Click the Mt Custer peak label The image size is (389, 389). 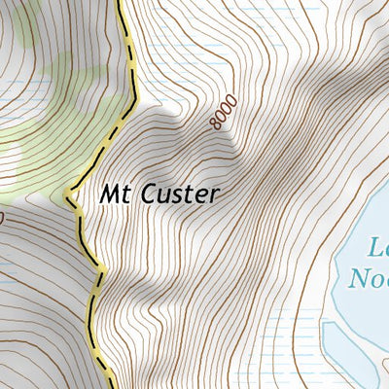point(159,194)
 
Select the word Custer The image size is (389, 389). point(179,194)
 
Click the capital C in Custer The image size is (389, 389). point(148,194)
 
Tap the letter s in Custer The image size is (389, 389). point(176,194)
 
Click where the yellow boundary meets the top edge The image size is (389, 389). point(120,2)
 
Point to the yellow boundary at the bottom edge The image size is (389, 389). point(103,386)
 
